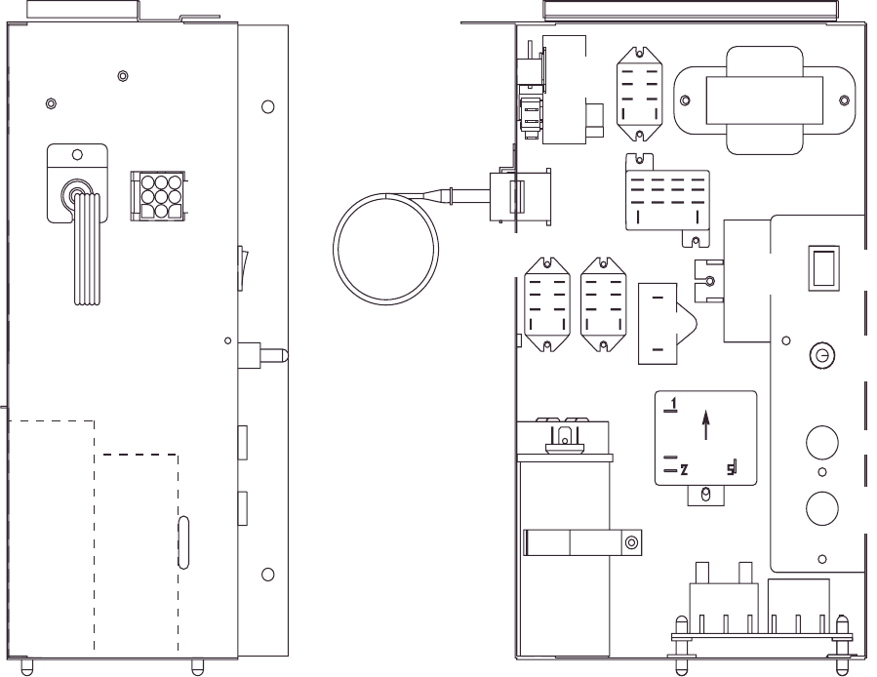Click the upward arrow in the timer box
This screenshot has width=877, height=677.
coord(706,426)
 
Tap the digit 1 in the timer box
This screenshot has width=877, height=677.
coord(672,402)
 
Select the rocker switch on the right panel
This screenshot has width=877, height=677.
coord(820,268)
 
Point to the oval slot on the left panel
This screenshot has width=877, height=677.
coord(184,542)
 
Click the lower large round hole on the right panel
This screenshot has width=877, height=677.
coord(821,507)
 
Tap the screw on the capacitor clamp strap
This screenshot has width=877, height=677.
coord(632,542)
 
